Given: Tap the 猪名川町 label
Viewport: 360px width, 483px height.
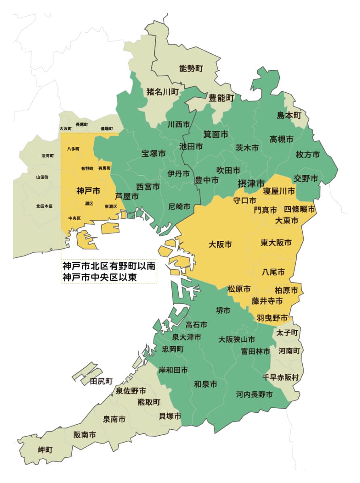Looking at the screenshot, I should click(162, 92).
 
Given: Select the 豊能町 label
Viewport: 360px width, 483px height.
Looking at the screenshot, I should click(221, 97).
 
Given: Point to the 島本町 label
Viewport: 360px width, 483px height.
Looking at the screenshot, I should click(289, 115).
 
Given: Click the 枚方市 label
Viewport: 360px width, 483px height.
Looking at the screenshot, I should click(308, 154).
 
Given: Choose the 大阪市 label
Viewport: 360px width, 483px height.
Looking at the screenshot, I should click(221, 244).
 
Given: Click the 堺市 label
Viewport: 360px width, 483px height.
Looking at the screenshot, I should click(223, 310).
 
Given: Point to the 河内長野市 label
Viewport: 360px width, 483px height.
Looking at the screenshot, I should click(255, 395).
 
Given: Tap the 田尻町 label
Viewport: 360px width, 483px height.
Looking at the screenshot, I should click(101, 381).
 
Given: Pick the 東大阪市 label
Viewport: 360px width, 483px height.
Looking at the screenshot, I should click(276, 243).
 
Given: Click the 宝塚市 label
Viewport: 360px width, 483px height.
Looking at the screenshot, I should click(154, 153).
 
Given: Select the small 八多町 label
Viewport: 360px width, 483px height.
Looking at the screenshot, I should click(73, 149).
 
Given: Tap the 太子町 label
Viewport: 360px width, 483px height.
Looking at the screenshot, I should click(288, 332).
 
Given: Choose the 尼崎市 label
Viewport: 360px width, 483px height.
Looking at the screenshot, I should click(179, 207).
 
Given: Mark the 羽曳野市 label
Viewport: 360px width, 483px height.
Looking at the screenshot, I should click(272, 318).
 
